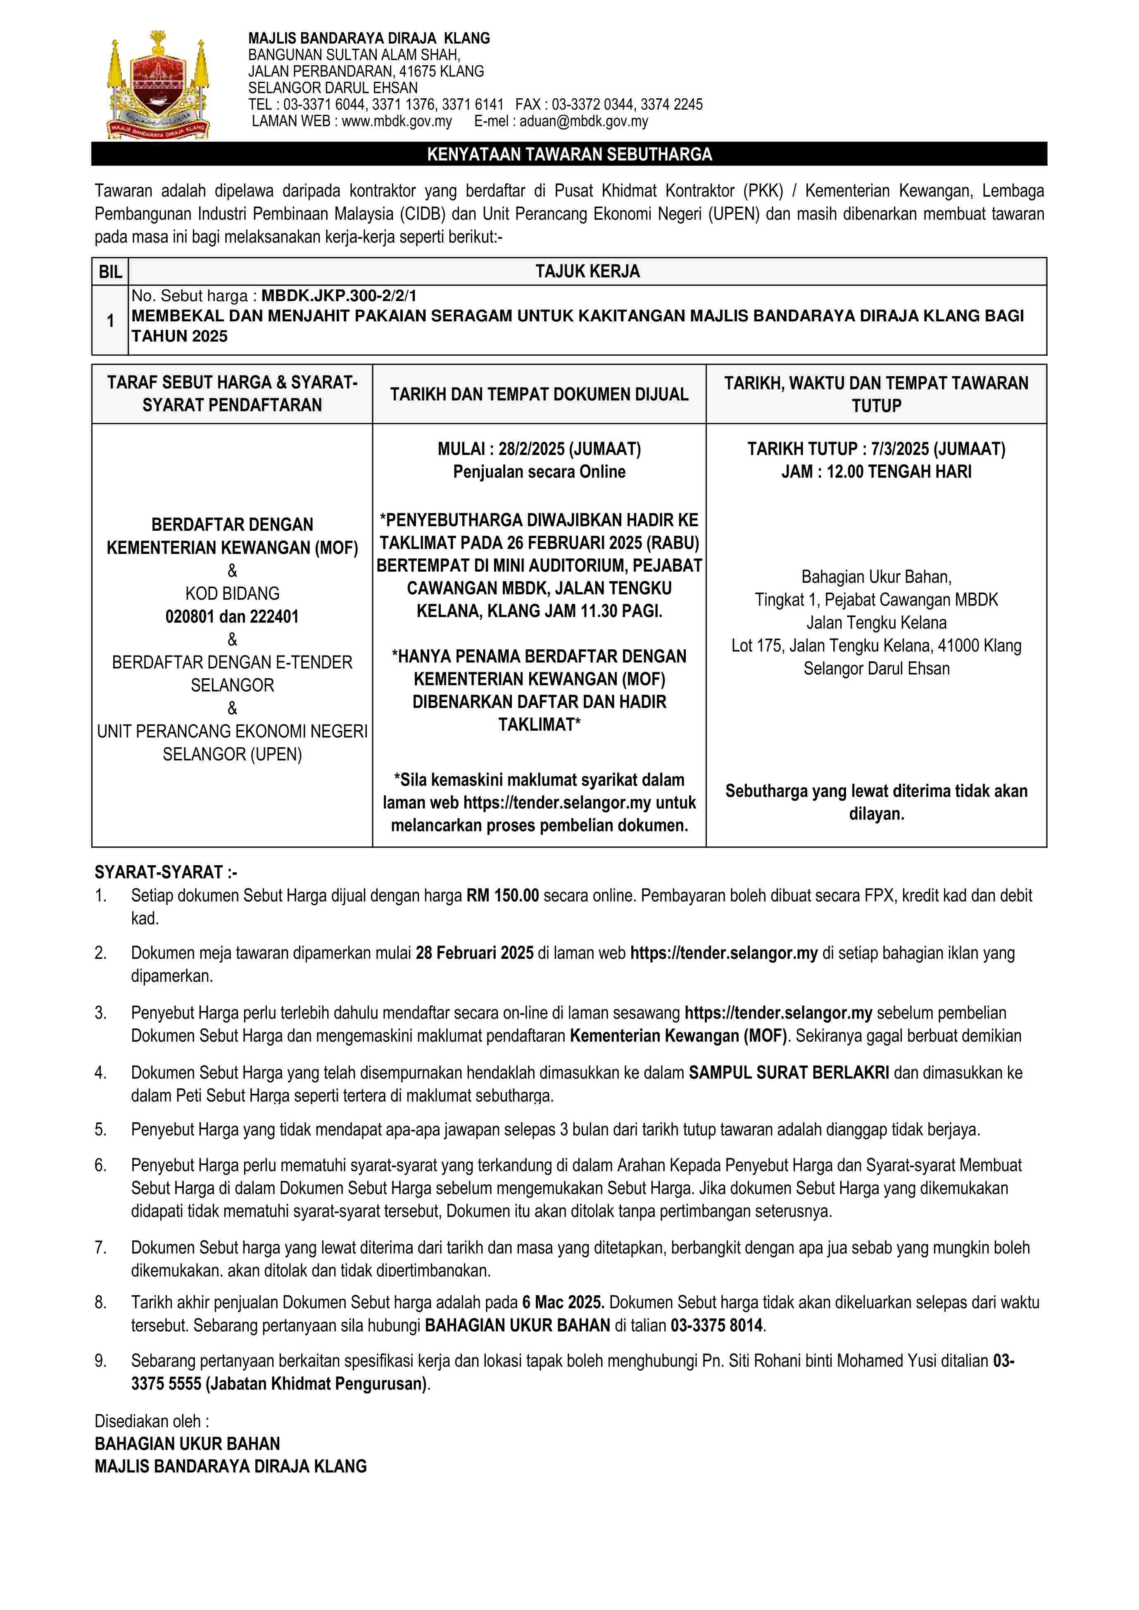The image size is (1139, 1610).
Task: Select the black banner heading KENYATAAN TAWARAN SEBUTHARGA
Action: coord(569,154)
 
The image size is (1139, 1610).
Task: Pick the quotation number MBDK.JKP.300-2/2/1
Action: coord(339,296)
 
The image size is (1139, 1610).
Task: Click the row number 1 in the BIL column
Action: coord(110,321)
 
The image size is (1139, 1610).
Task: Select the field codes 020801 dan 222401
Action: coord(232,617)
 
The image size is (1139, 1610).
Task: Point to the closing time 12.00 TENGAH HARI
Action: coord(899,472)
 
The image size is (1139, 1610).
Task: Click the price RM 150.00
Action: coord(502,895)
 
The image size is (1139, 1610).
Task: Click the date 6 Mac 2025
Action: coord(563,1302)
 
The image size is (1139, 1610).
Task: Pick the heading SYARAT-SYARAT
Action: coord(166,872)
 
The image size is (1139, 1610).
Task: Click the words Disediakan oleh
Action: coord(152,1421)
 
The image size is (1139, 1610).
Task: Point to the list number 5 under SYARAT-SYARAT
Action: coord(100,1130)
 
